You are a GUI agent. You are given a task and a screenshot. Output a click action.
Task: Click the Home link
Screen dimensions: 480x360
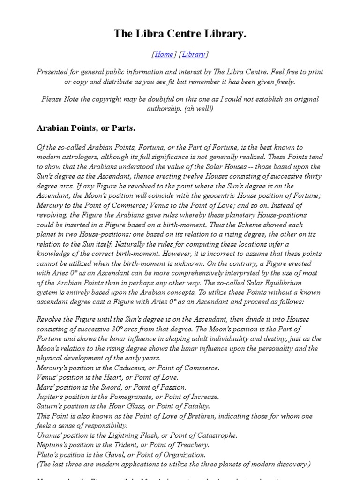tap(164, 54)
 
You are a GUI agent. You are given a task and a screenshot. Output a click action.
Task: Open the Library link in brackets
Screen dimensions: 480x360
tap(193, 54)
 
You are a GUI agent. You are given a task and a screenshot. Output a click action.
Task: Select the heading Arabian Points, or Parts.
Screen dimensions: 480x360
tap(86, 127)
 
